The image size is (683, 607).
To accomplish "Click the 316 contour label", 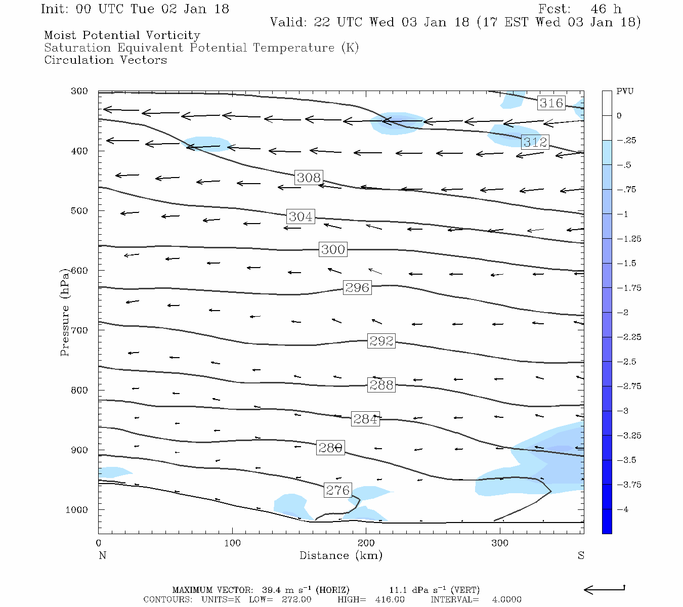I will [551, 103].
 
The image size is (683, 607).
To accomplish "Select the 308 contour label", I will [309, 178].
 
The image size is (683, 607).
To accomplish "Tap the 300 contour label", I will [333, 249].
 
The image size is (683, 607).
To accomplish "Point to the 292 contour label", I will [381, 341].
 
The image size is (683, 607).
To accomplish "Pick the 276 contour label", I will [337, 490].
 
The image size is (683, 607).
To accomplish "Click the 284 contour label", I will [365, 419].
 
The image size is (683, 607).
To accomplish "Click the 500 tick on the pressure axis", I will [79, 211].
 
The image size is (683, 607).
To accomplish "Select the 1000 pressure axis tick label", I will [76, 510].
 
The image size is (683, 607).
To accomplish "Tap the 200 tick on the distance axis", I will [366, 543].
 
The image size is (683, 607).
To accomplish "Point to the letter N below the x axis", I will [102, 555].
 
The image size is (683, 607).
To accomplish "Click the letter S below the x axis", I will [581, 555].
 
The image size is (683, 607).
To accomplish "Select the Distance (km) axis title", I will [340, 555].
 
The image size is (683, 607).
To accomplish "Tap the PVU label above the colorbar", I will [625, 92].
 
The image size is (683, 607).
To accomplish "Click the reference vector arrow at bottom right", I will [605, 589].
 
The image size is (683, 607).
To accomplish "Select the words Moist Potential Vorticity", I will [122, 35].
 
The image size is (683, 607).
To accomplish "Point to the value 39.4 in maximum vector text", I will [271, 590].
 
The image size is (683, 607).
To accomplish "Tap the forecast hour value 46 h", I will [606, 9].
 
